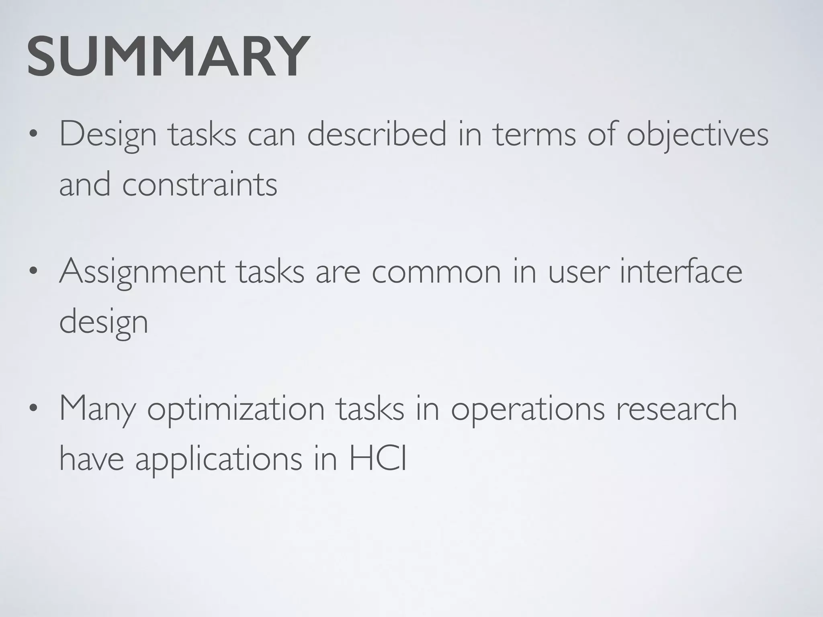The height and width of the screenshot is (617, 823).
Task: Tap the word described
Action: tap(377, 135)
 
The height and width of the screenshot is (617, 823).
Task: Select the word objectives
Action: tap(697, 135)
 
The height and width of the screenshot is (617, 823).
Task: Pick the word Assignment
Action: tap(142, 272)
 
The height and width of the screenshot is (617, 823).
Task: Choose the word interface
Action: tap(681, 272)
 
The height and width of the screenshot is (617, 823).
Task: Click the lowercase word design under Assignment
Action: tap(104, 323)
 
